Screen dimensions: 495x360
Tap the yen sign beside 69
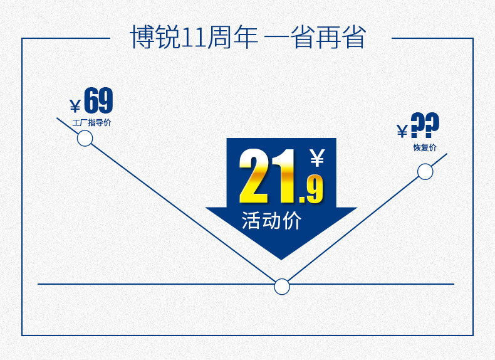(x=75, y=105)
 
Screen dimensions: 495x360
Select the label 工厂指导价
(x=91, y=123)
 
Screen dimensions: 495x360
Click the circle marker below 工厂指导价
(x=85, y=139)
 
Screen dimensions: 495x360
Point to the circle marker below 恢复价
(x=425, y=171)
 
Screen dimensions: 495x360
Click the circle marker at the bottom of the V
(x=282, y=287)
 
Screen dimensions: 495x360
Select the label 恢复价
(x=425, y=148)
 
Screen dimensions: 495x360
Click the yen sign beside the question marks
(x=402, y=130)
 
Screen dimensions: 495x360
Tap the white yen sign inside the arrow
(x=317, y=157)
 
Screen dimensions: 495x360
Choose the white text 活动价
(x=271, y=221)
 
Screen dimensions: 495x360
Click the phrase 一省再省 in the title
(x=315, y=38)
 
